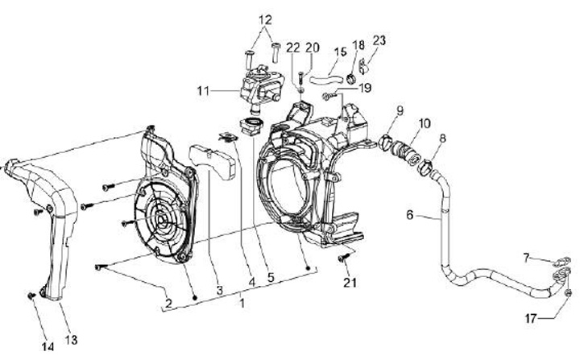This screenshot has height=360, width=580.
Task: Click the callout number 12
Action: pyautogui.click(x=265, y=19)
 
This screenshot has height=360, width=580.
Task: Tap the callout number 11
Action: pyautogui.click(x=203, y=91)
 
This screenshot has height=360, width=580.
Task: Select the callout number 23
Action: pyautogui.click(x=379, y=41)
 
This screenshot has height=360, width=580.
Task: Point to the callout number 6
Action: pyautogui.click(x=409, y=214)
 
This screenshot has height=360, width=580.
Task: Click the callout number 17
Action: pyautogui.click(x=530, y=318)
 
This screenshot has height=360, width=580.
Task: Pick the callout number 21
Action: pyautogui.click(x=350, y=283)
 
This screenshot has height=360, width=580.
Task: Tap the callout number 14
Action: pyautogui.click(x=48, y=346)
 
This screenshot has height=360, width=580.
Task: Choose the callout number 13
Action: pyautogui.click(x=71, y=340)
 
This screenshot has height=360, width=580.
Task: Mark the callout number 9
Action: pyautogui.click(x=400, y=110)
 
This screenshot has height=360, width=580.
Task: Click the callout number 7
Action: pyautogui.click(x=527, y=258)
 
